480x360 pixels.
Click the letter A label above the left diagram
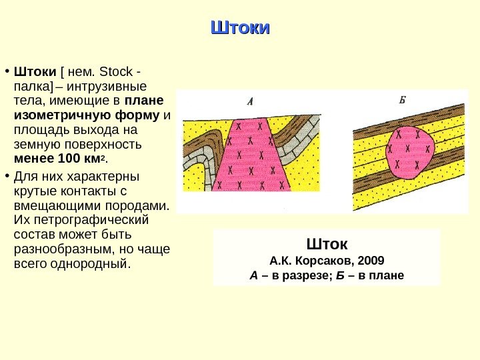coord(251,102)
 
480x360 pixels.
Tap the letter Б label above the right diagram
coord(403,101)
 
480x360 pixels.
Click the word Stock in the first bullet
coord(121,71)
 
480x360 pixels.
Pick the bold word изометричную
coord(55,115)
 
